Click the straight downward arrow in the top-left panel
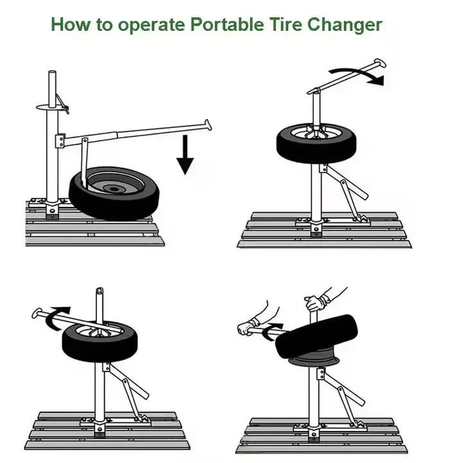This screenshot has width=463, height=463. point(185,154)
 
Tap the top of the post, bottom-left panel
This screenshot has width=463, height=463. point(99,291)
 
